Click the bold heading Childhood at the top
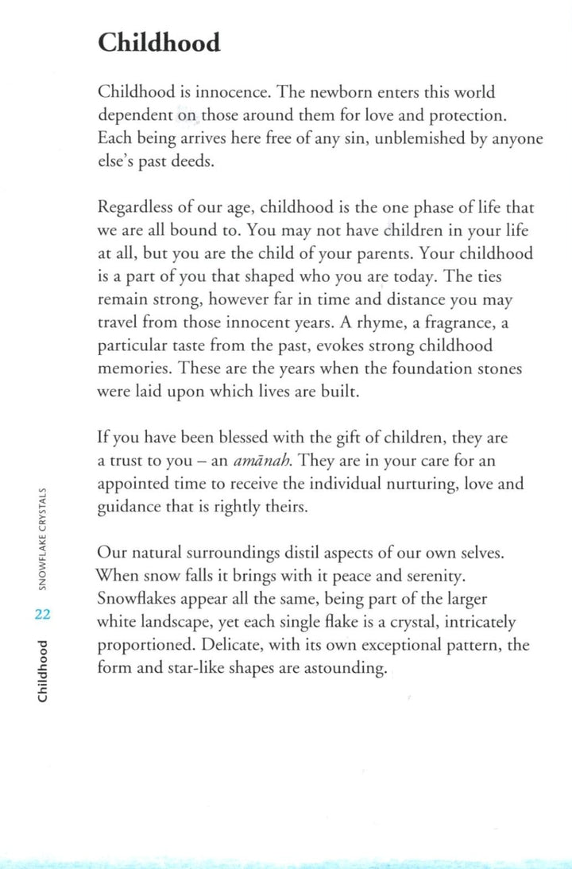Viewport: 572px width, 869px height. (159, 42)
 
